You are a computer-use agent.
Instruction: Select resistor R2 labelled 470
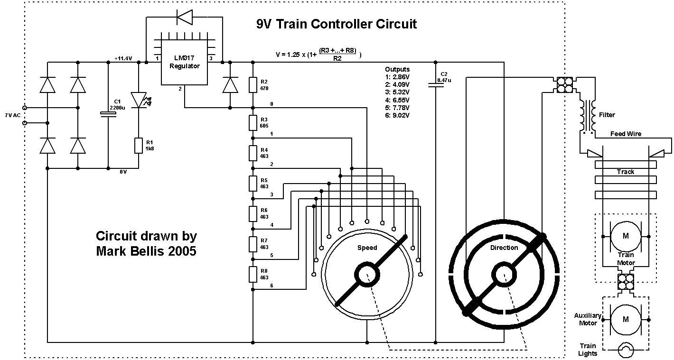tap(253, 85)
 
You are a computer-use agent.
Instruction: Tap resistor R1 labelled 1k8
tap(139, 145)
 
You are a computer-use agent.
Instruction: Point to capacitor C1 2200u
tap(108, 114)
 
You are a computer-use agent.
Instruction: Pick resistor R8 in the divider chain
tap(253, 274)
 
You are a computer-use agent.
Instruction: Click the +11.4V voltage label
tap(123, 58)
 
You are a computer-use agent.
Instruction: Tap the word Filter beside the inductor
tap(607, 115)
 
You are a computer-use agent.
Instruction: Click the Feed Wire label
tap(626, 134)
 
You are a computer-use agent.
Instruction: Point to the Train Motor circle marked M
tap(625, 236)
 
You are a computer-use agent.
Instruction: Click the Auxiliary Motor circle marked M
tap(625, 319)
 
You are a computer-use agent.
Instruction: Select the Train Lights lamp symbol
tap(626, 351)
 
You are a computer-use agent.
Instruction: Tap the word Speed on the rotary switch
tap(367, 248)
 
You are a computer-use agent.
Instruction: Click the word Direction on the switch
tap(504, 248)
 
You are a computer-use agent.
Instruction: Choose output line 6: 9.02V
tap(397, 115)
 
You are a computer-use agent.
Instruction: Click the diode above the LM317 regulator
tap(184, 18)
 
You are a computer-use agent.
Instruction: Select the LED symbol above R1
tap(139, 100)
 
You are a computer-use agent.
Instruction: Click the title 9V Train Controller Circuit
tap(336, 24)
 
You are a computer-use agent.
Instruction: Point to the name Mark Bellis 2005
tap(146, 251)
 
